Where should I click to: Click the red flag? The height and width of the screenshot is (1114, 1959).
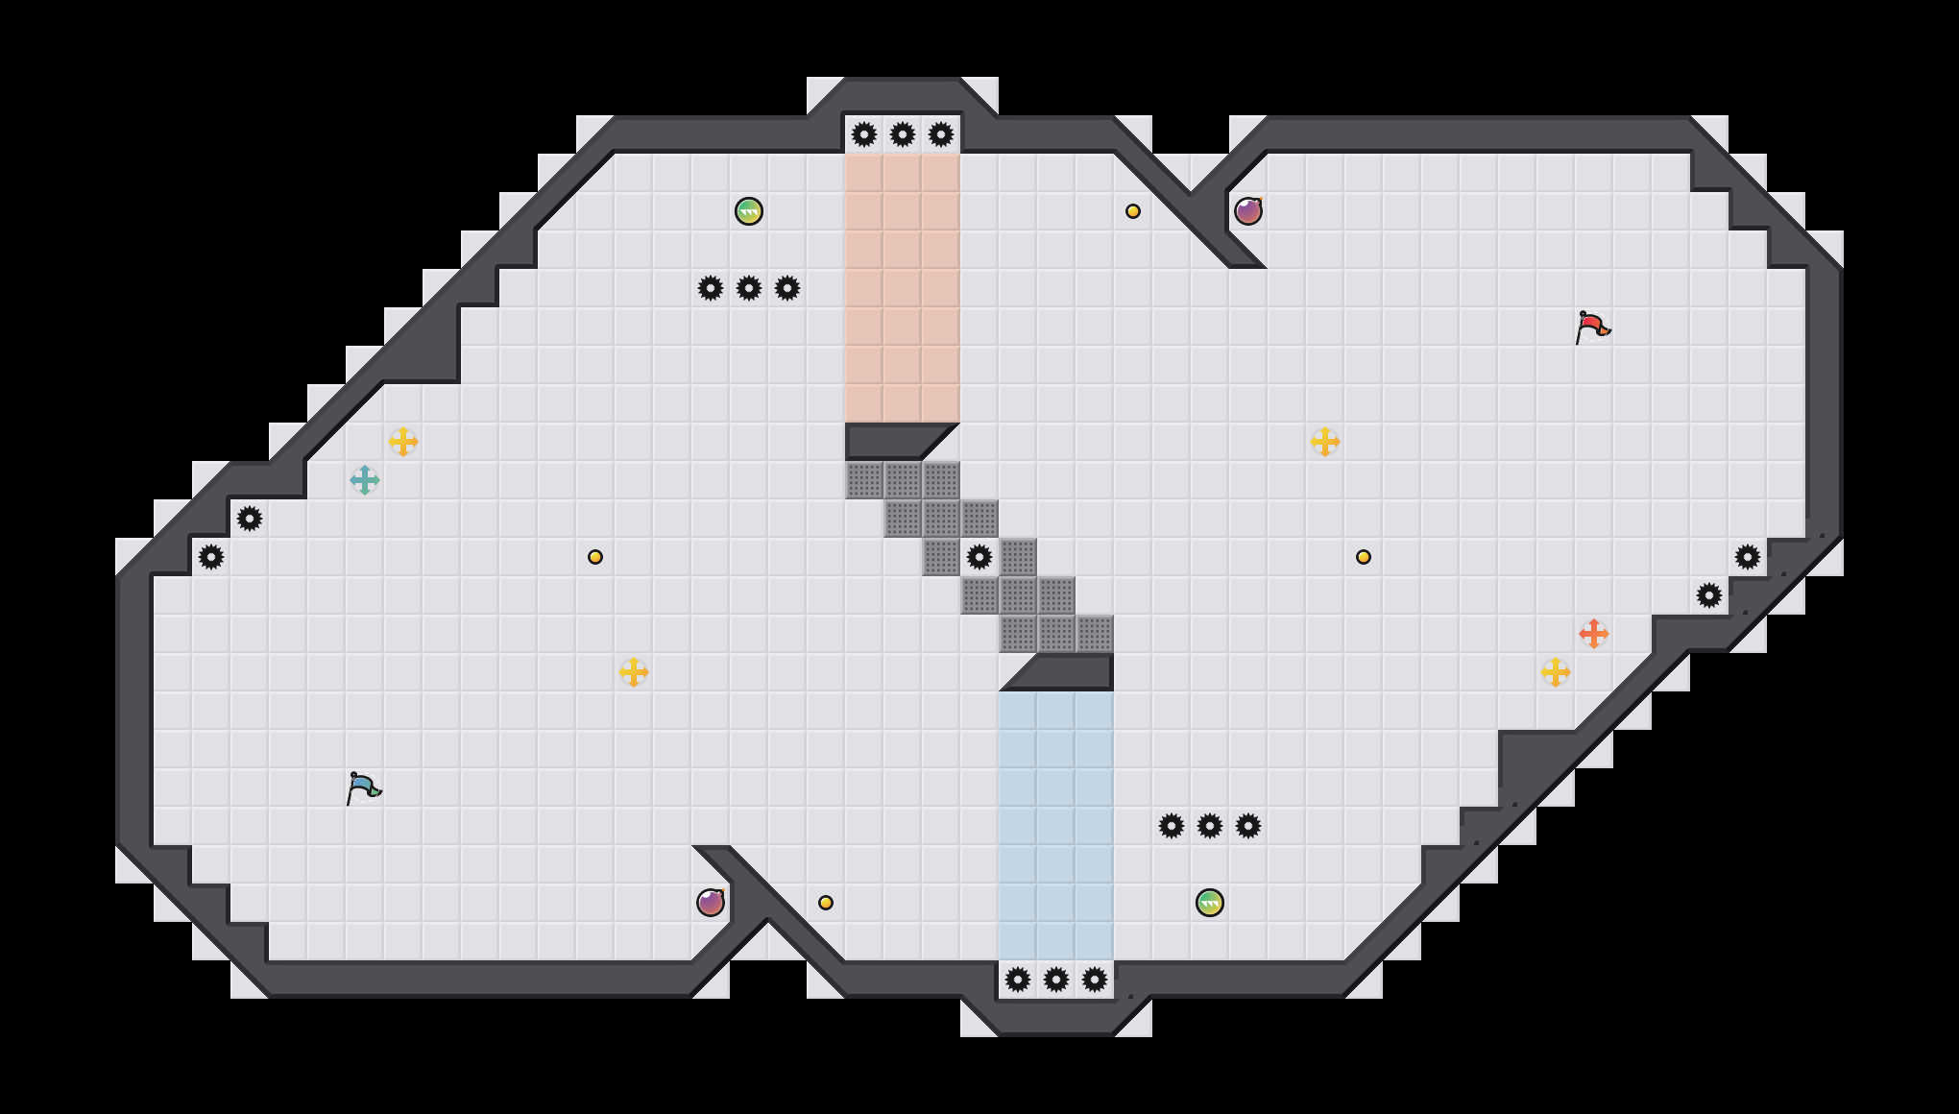[1592, 327]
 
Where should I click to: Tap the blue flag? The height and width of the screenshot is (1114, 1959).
[363, 787]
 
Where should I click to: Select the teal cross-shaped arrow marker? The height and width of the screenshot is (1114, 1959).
[365, 480]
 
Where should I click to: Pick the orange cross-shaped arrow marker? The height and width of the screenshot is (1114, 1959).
[1594, 634]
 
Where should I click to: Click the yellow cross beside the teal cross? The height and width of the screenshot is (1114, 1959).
[403, 442]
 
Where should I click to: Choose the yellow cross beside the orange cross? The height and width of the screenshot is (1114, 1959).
[1556, 672]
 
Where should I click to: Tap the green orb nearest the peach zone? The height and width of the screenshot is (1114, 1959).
[749, 211]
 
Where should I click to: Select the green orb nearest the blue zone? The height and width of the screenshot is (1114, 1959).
[1210, 903]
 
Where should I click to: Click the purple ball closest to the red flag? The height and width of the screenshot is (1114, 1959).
[1248, 211]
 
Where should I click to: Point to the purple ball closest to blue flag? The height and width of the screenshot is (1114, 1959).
[711, 903]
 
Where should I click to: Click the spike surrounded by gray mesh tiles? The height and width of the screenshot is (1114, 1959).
[979, 557]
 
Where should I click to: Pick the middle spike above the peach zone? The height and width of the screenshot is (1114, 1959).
[903, 134]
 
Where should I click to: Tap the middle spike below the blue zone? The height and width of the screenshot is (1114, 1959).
[1056, 980]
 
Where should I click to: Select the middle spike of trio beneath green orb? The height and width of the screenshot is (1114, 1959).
[749, 288]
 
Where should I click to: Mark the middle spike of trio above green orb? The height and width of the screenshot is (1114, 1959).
[1210, 826]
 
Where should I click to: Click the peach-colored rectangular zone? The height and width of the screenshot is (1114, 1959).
[903, 288]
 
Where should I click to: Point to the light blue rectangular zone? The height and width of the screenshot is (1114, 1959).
[1056, 826]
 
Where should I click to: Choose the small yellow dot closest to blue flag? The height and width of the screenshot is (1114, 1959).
[595, 557]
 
